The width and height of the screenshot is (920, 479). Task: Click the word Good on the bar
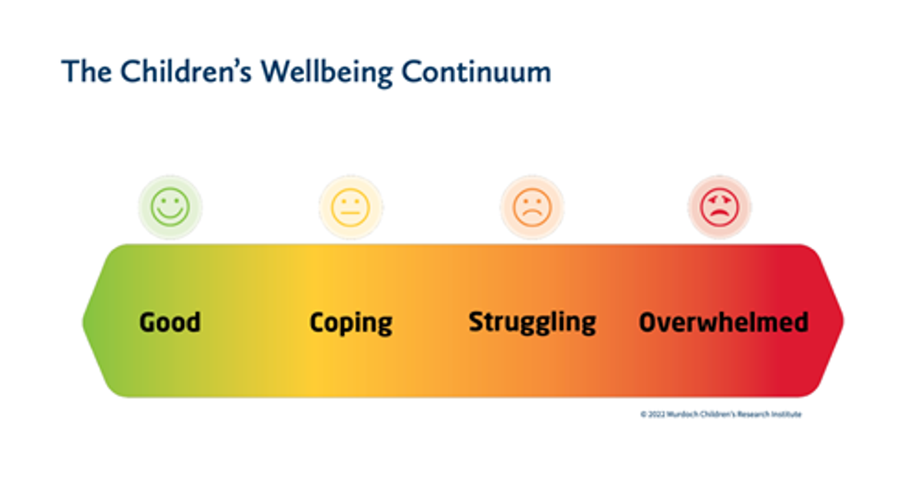[170, 322]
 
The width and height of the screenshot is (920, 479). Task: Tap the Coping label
[351, 323]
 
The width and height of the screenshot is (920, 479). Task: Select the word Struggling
[532, 322]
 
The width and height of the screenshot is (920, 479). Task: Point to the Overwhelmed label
[724, 322]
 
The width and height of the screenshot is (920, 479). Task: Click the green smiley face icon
[170, 206]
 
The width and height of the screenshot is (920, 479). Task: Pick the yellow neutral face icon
[351, 207]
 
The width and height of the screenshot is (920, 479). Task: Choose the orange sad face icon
[532, 207]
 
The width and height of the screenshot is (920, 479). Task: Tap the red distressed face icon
[720, 206]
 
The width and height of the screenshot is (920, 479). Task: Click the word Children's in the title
[186, 71]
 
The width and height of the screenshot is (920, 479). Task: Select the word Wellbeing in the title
[327, 72]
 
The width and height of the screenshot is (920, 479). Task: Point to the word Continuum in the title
[476, 72]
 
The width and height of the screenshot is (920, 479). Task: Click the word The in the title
[87, 71]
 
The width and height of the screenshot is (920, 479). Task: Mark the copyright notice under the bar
[721, 414]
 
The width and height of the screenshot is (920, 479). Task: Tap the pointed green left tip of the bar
[84, 322]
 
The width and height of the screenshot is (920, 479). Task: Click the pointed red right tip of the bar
[843, 322]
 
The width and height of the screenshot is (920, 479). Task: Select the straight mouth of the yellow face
[350, 213]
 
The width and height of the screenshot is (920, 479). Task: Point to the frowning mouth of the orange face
[532, 214]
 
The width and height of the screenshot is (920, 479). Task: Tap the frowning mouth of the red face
[720, 214]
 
